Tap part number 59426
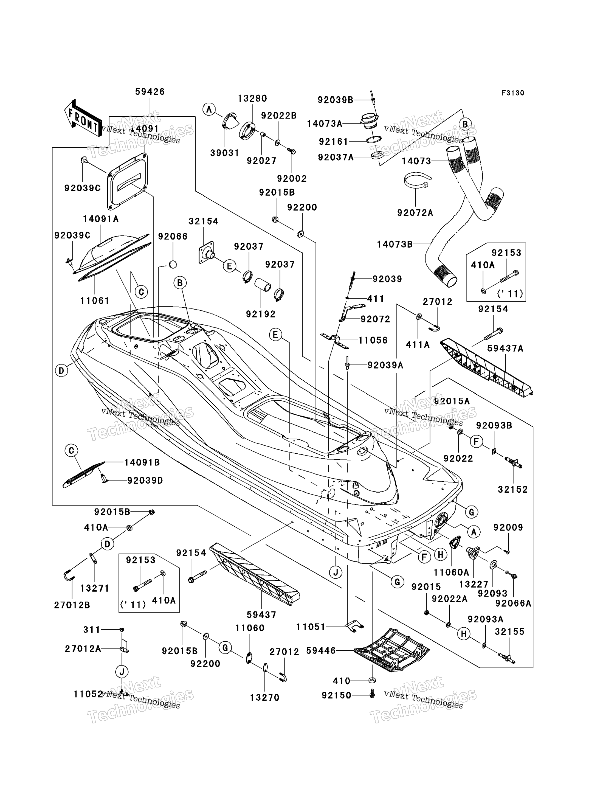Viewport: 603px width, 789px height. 150,92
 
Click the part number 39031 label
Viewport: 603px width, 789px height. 224,153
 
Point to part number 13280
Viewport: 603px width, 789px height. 252,98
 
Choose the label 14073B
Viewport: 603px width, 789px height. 395,245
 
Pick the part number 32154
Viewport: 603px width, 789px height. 204,221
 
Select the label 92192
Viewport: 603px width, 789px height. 261,314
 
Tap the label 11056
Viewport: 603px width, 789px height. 373,340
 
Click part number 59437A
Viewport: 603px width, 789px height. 505,349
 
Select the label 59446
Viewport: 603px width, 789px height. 321,651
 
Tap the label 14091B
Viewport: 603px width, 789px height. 142,463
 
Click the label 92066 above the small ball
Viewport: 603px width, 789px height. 173,236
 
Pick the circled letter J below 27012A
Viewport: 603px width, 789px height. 122,671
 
